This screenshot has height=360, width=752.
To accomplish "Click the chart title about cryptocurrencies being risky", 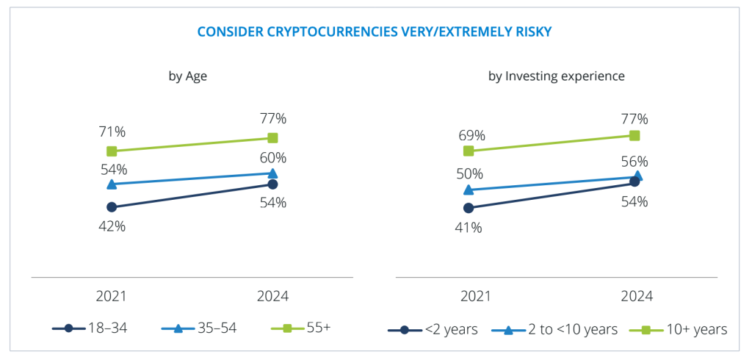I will (375, 32).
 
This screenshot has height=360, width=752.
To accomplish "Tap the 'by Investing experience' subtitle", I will (557, 76).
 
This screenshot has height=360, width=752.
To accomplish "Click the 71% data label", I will (112, 132).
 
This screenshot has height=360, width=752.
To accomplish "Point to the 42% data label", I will (112, 226).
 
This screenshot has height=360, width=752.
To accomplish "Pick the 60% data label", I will (272, 157).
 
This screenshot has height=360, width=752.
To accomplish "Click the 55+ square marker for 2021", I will (112, 151).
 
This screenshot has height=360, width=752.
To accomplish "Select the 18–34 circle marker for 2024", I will (272, 184).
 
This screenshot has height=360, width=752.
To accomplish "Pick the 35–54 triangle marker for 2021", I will (112, 184).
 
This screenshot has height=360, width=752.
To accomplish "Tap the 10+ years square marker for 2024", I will (635, 135).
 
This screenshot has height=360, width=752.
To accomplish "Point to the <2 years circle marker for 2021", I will (469, 208).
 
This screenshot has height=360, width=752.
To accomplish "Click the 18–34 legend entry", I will (90, 328).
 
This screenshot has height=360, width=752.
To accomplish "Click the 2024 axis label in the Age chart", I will (273, 297).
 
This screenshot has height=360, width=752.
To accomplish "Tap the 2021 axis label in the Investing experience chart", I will (475, 297).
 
